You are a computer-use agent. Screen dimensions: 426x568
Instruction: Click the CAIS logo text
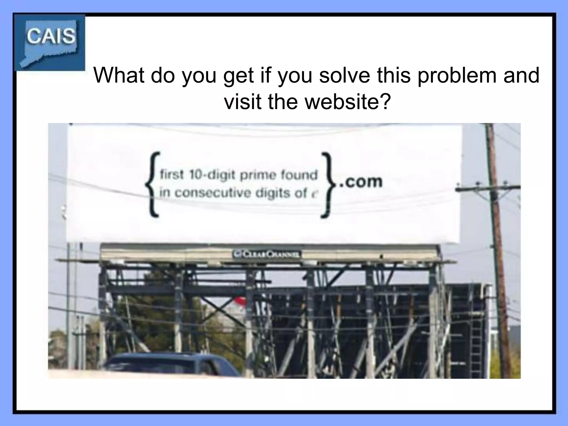pos(51,36)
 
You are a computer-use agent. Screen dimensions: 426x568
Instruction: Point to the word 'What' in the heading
pos(120,75)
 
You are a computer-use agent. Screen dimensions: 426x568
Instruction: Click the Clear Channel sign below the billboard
pos(267,254)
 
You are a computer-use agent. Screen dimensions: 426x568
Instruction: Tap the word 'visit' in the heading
pos(242,102)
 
